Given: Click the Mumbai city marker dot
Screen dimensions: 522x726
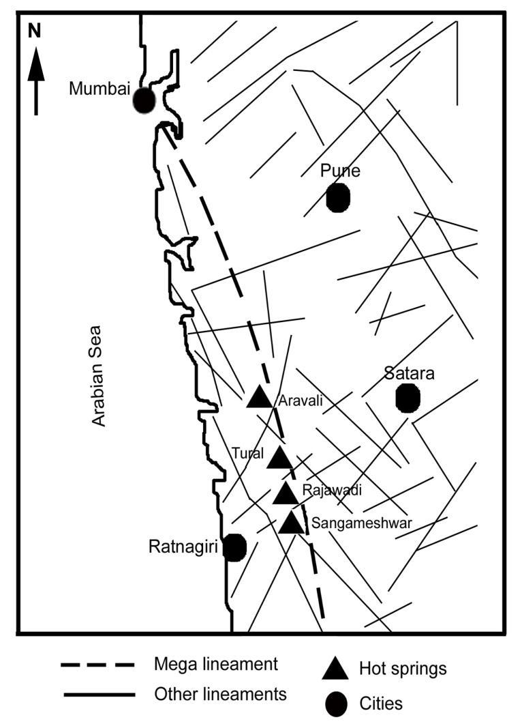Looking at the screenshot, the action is [144, 100].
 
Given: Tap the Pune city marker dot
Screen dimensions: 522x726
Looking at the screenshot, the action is [338, 198].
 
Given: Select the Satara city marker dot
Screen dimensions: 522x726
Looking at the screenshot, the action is [407, 398].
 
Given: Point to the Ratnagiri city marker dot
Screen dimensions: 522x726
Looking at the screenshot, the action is [234, 547].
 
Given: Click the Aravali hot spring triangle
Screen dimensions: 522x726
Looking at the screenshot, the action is [259, 397].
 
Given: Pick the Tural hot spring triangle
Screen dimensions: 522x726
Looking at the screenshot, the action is [279, 458].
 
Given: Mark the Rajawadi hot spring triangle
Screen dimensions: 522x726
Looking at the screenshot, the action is [285, 493].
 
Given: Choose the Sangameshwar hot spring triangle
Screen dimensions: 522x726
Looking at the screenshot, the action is [292, 523].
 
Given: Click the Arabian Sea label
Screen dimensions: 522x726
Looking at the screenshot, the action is [99, 375].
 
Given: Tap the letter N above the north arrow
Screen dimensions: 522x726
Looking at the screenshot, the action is [34, 30].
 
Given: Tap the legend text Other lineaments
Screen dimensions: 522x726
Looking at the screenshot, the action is [220, 695].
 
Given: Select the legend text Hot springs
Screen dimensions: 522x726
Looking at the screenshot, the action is [402, 669].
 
